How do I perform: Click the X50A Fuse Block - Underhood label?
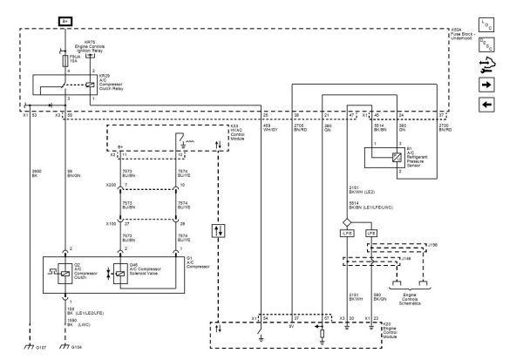[460, 33]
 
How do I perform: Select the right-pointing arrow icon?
[486, 85]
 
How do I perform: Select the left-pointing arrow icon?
[486, 105]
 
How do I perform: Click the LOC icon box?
[486, 24]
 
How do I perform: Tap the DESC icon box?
[486, 44]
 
